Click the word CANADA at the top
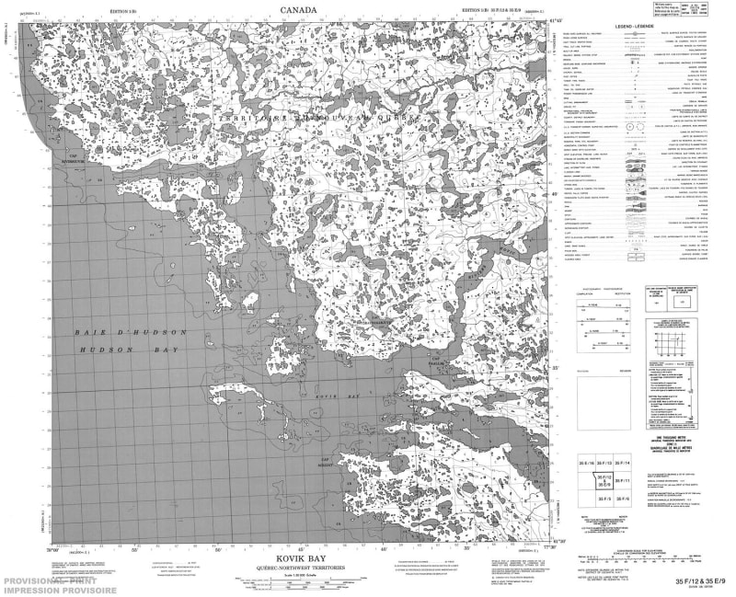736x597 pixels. tap(299, 10)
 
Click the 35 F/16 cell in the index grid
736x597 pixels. tap(585, 461)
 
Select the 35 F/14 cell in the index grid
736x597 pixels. tap(623, 461)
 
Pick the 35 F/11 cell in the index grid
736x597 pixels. tap(623, 480)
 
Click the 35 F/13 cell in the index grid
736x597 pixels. tap(604, 461)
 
